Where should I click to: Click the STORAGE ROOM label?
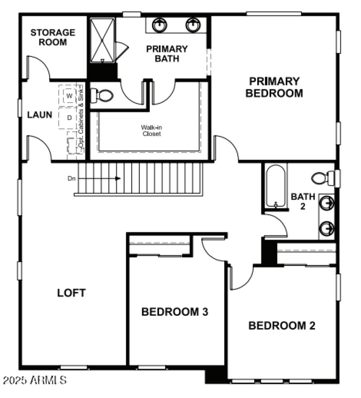(x=52, y=37)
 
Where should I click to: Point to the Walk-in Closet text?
(x=151, y=130)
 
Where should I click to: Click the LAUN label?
(x=40, y=115)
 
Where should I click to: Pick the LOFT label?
(x=71, y=292)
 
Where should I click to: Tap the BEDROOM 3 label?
(x=175, y=312)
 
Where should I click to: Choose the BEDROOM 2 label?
(x=282, y=325)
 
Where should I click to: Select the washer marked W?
(x=69, y=96)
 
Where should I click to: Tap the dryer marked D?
(x=69, y=118)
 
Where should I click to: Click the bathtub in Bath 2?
(x=275, y=186)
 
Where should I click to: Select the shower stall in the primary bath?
(x=102, y=40)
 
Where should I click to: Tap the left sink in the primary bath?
(x=159, y=24)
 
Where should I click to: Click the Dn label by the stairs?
(x=71, y=178)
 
